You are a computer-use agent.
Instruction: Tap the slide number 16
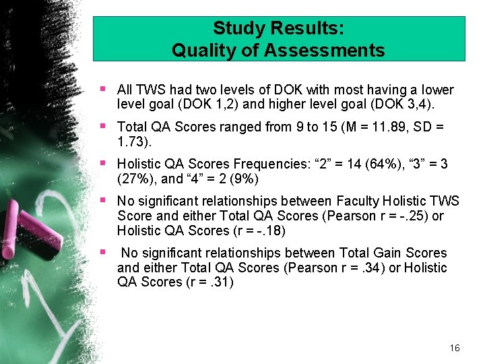455,348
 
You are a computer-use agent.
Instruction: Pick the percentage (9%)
245,179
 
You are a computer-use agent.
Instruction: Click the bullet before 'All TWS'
102,89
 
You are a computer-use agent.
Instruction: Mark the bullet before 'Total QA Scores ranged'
102,126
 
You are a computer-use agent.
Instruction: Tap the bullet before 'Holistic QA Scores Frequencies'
102,163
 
